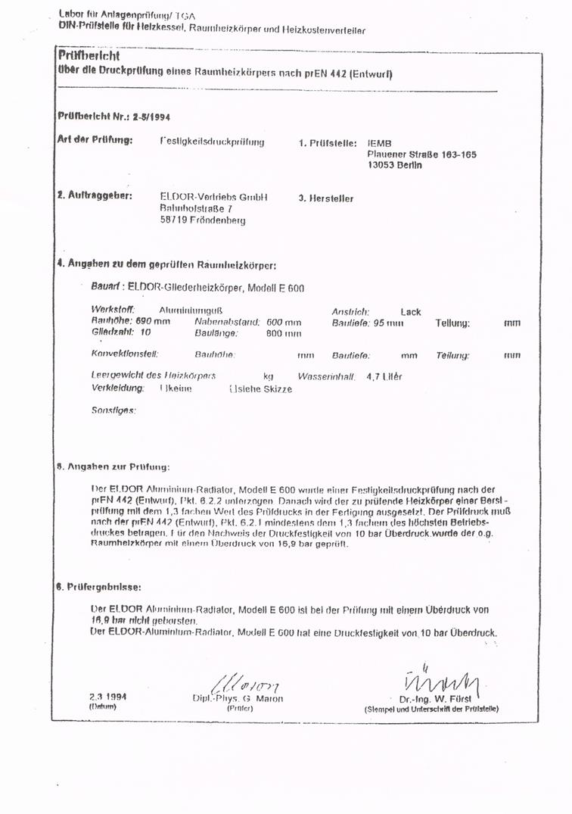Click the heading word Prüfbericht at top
click(x=89, y=56)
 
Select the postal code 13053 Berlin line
click(x=394, y=164)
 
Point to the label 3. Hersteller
click(x=325, y=198)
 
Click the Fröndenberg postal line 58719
click(x=202, y=220)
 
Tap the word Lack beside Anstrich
click(x=411, y=311)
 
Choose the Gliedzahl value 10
click(x=145, y=332)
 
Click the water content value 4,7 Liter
click(x=384, y=376)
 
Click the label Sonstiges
click(x=113, y=410)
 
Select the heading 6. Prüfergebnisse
click(x=99, y=586)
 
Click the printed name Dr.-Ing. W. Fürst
click(x=435, y=698)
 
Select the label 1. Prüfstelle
click(x=327, y=142)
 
